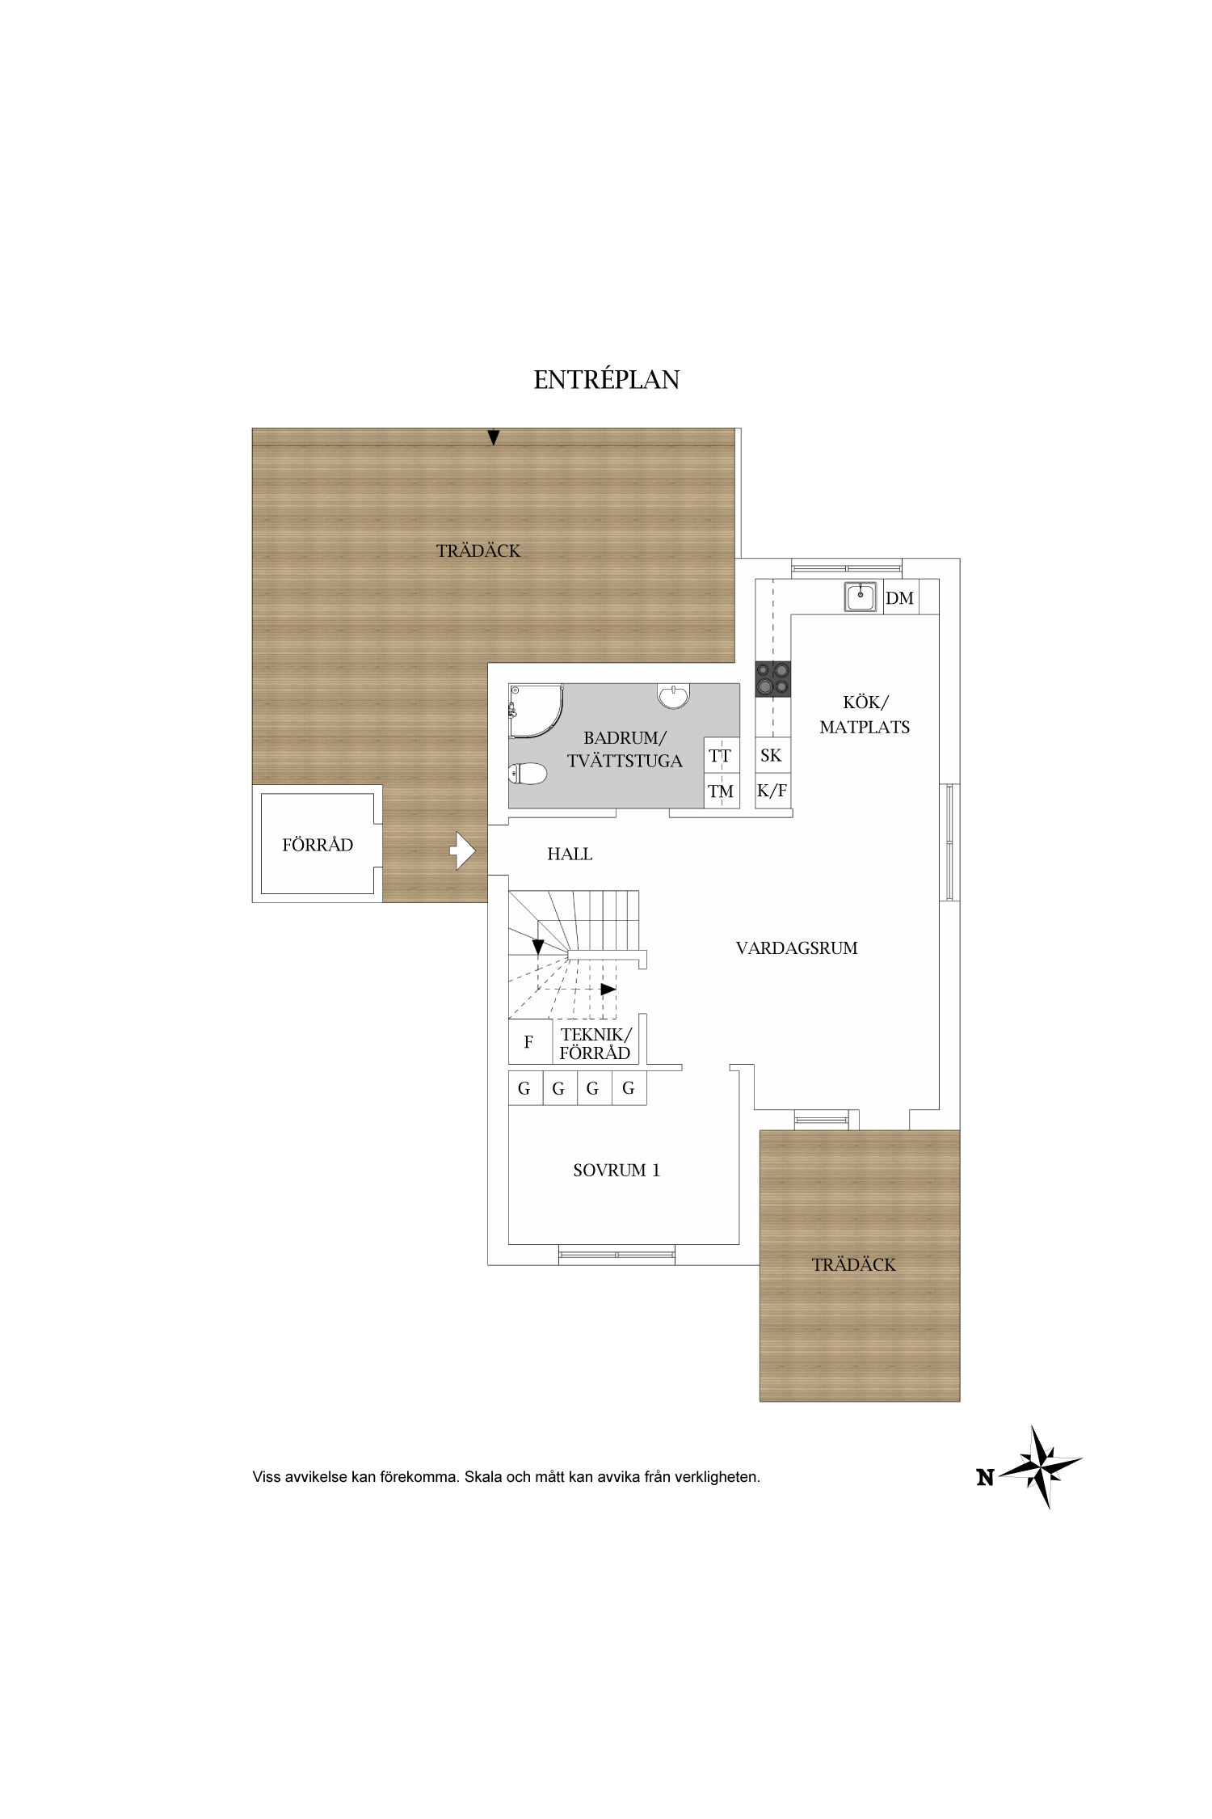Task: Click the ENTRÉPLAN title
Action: [606, 379]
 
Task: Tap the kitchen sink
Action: [861, 597]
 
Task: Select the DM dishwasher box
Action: [900, 597]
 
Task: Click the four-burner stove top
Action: [773, 679]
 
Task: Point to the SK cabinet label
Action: [771, 755]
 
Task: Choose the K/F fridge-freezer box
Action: [772, 791]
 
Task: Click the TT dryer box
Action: [720, 756]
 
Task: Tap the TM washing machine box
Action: [721, 791]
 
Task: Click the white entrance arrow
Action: [463, 850]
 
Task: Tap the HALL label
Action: [570, 854]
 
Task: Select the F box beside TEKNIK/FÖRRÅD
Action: [529, 1042]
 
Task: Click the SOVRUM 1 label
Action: [617, 1170]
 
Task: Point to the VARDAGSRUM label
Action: [797, 947]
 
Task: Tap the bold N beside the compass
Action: [985, 1478]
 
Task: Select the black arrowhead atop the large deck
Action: [493, 437]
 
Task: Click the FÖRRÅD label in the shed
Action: [318, 845]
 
